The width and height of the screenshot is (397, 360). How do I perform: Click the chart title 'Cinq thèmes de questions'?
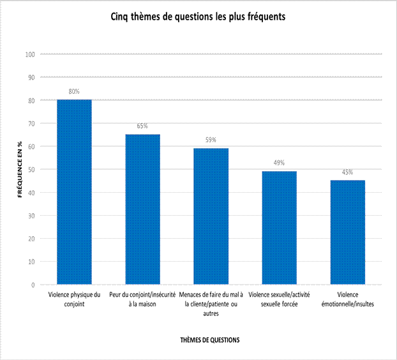(x=198, y=17)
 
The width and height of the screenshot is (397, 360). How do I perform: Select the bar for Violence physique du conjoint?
(x=74, y=191)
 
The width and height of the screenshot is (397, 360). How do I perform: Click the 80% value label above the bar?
(x=74, y=91)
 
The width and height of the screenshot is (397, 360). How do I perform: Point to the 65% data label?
(x=142, y=126)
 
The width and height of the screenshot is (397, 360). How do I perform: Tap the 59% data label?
(x=211, y=140)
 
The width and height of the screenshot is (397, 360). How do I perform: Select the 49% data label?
(x=279, y=163)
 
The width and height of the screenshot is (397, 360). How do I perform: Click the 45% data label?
(x=347, y=172)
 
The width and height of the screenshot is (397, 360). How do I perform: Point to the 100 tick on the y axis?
(x=29, y=54)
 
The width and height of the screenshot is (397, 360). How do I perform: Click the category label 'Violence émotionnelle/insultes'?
(x=347, y=299)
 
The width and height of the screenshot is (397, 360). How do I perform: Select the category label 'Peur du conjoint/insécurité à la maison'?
(x=142, y=299)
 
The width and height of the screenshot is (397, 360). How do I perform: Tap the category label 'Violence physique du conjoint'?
(x=74, y=299)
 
